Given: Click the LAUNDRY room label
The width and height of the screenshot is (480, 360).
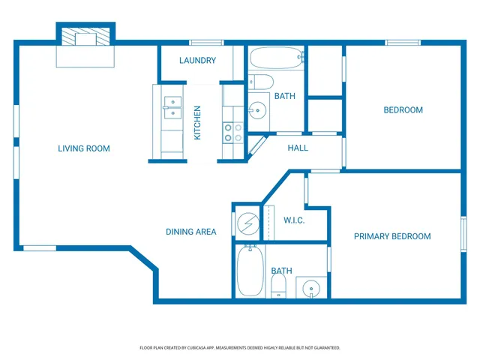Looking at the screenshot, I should (x=198, y=61).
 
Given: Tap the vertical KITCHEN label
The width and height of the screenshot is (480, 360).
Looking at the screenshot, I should (x=198, y=122).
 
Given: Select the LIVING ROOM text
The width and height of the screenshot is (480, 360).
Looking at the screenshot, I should (x=84, y=148).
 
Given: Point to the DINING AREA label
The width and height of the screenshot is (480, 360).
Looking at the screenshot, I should (x=191, y=232).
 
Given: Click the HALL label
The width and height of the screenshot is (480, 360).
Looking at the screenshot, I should (x=298, y=148).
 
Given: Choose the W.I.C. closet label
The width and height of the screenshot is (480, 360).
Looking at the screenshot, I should (x=294, y=220).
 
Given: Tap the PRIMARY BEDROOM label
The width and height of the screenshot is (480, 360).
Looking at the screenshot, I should (x=392, y=236).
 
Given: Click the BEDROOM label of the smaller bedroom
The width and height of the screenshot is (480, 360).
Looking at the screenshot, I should (x=403, y=110).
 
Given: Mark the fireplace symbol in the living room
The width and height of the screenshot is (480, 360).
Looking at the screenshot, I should (x=85, y=37).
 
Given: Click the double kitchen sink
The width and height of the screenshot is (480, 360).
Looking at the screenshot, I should (x=172, y=107).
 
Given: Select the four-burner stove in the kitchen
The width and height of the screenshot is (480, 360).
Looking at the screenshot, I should (x=232, y=133).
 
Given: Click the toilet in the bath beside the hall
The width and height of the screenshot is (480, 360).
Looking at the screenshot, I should (x=262, y=82).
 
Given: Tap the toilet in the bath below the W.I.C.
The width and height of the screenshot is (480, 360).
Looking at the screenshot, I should (x=278, y=285).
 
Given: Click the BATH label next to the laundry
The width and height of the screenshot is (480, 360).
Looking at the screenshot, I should (x=285, y=96).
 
